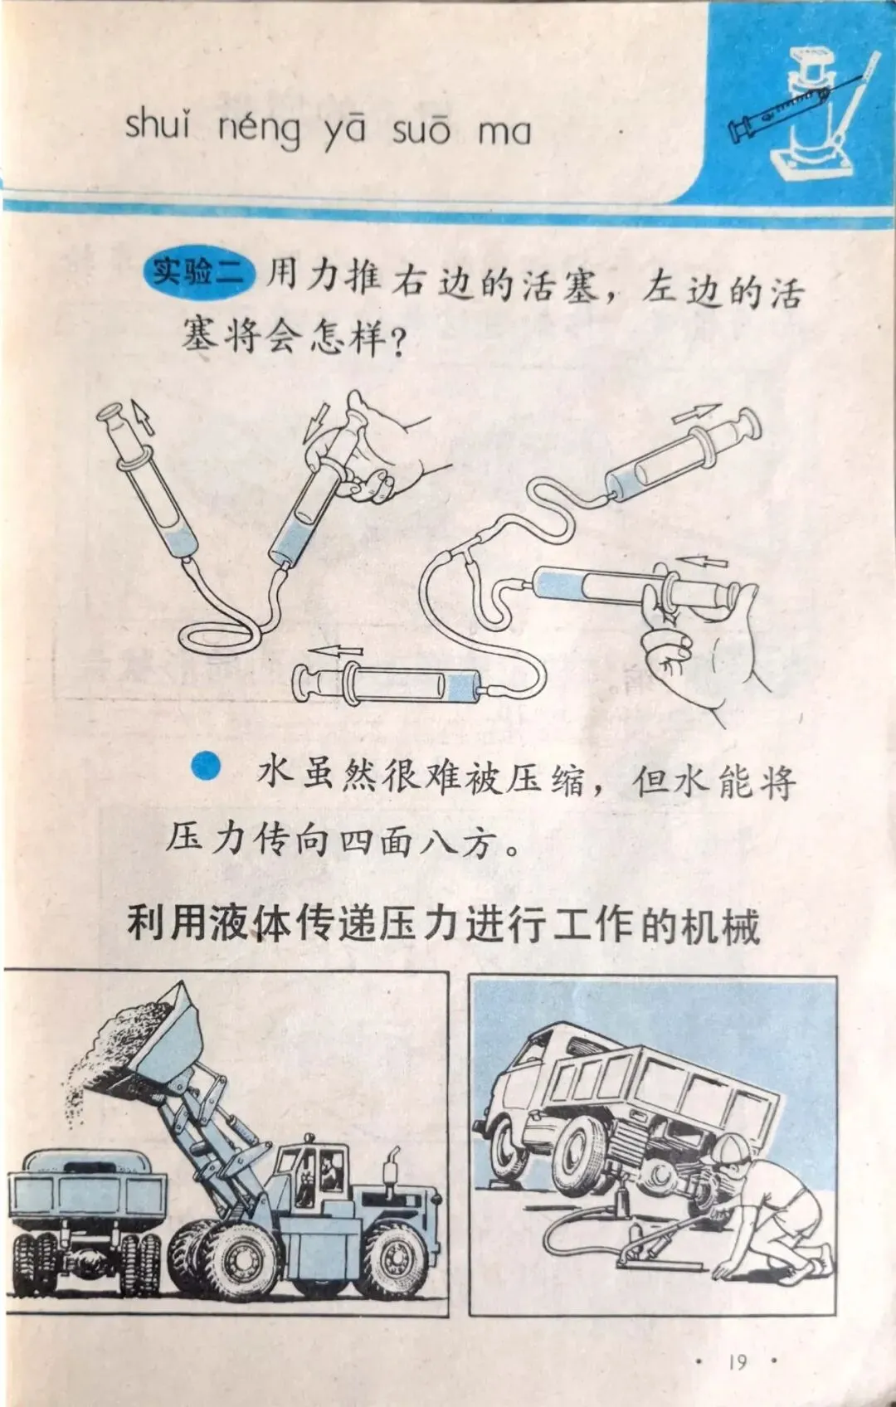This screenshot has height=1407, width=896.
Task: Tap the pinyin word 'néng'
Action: click(x=260, y=130)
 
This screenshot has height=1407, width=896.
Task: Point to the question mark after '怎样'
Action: click(x=397, y=343)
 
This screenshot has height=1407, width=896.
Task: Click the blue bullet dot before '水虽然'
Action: click(x=206, y=767)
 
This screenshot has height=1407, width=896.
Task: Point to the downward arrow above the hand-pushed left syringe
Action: click(x=315, y=421)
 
